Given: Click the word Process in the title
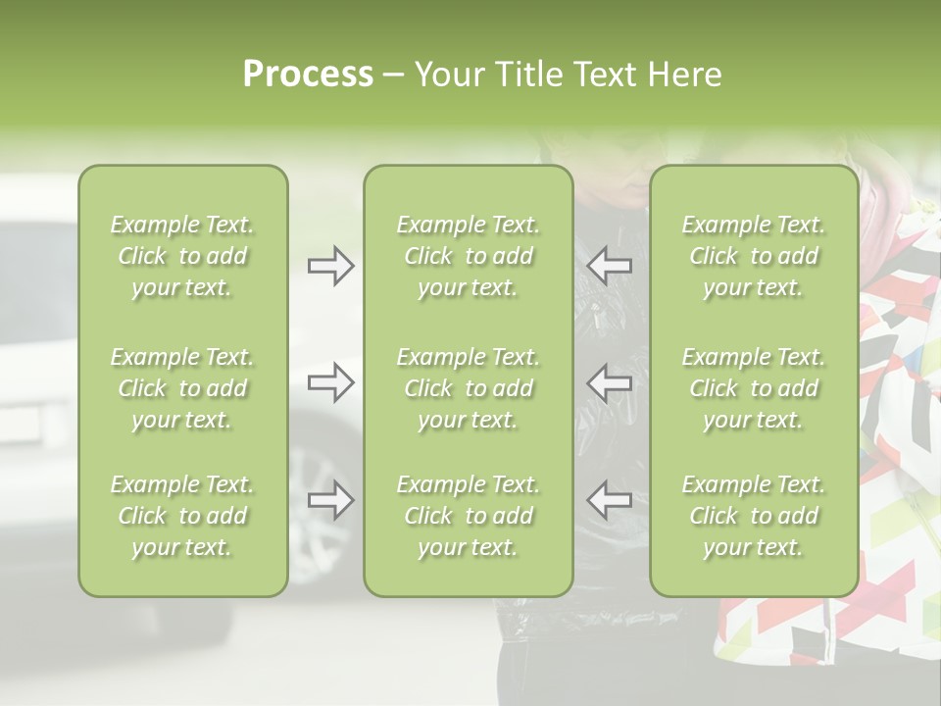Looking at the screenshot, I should coord(308,75).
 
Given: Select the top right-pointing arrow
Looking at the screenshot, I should coord(331,266).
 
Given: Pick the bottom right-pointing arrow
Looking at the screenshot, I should coord(331,499).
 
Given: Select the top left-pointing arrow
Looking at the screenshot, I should coord(610,266).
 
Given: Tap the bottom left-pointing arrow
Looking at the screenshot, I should coord(610,499).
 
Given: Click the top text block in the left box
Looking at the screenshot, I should coord(182,256).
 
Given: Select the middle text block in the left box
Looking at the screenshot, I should coord(182,388).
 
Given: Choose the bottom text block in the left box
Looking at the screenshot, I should coord(182,516).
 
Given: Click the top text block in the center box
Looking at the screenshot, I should coord(469,256).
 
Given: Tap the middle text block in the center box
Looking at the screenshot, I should coord(469,388).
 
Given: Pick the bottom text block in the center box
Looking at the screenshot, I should coord(469,516).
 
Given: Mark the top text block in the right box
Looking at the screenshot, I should coord(754,256).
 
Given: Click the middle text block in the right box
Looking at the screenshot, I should coord(754,388).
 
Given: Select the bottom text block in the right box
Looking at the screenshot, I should coord(754,516).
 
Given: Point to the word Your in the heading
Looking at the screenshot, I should coord(449,75).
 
